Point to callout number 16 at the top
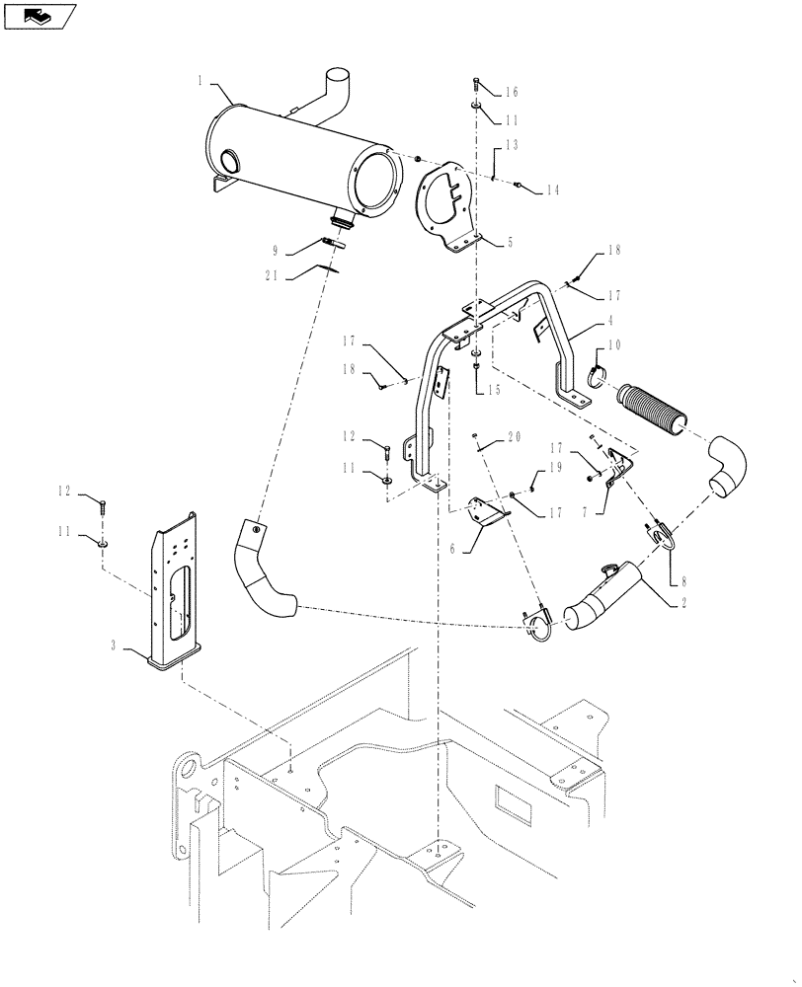(x=511, y=92)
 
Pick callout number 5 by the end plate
(x=510, y=240)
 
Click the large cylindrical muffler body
(x=296, y=158)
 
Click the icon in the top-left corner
(x=40, y=16)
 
